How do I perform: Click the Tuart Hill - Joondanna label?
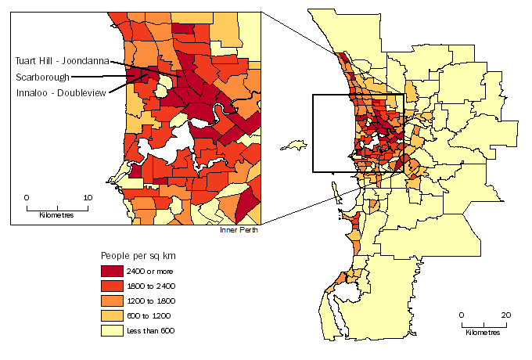(x=61, y=60)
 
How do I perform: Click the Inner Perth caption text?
(x=239, y=230)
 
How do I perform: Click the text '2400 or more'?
(x=158, y=271)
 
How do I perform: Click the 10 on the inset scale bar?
(x=88, y=198)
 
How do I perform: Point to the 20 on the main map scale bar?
(x=506, y=315)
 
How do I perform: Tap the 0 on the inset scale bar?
(x=27, y=198)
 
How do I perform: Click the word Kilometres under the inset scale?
(x=56, y=215)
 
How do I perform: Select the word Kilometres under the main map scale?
(x=483, y=333)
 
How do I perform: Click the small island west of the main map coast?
(x=295, y=146)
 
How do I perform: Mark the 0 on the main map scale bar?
(x=462, y=315)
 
